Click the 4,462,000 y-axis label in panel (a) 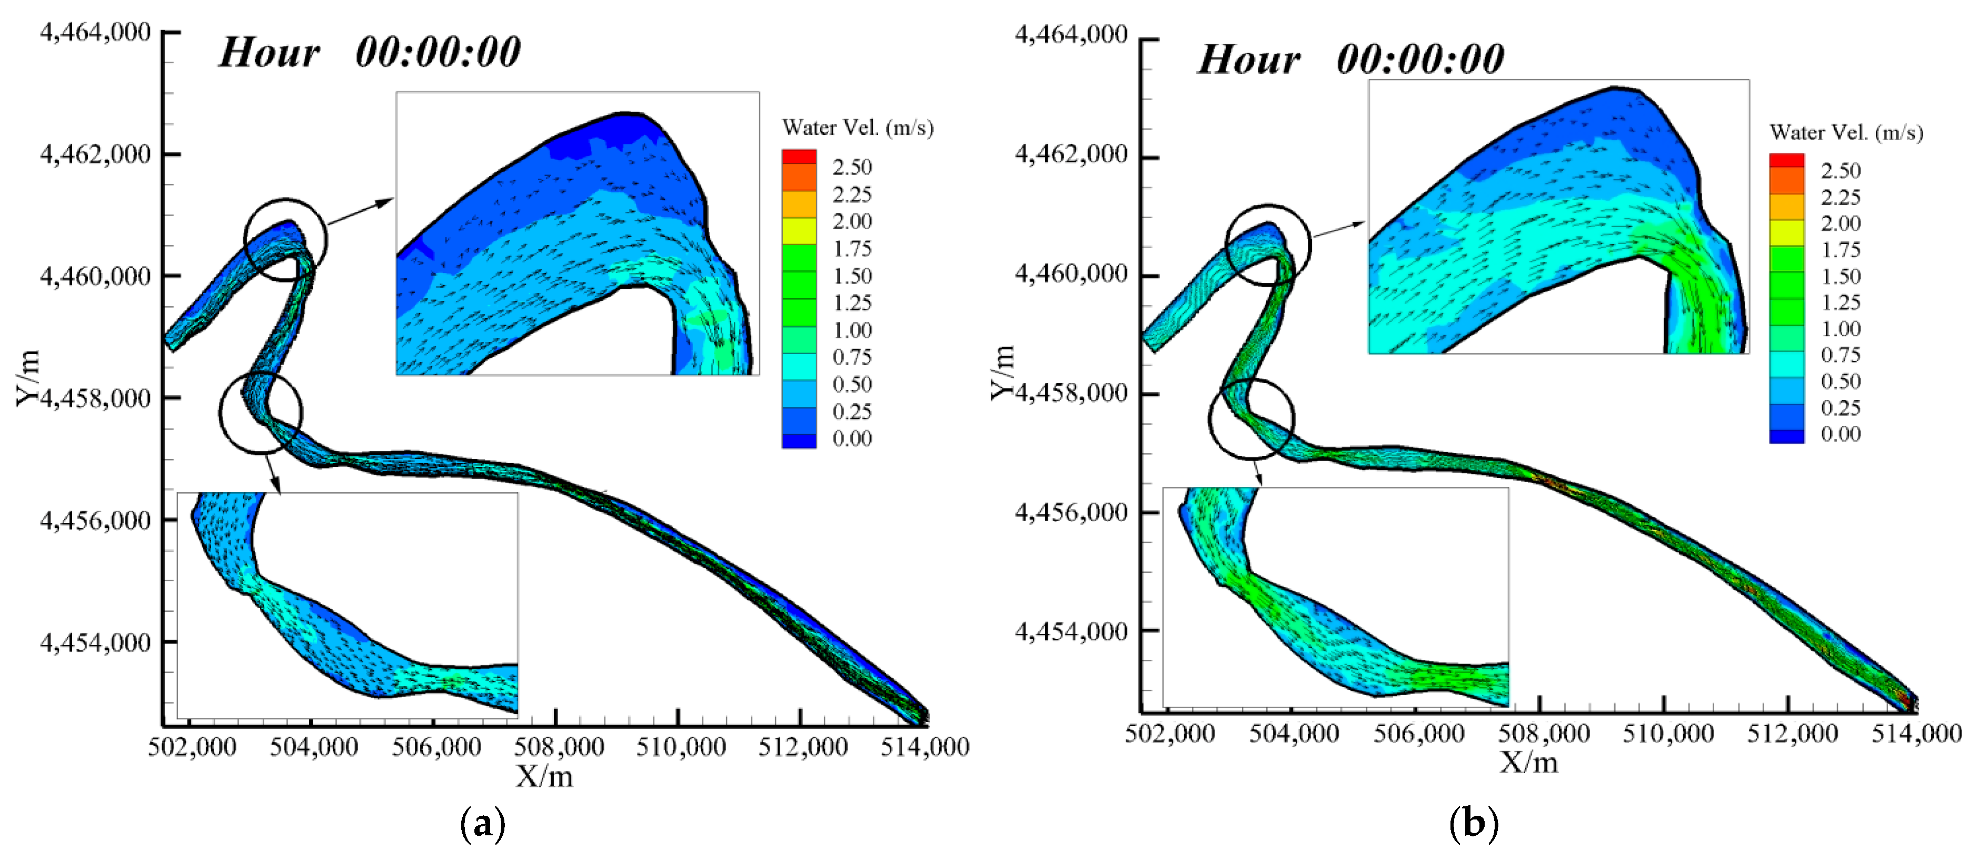pos(95,154)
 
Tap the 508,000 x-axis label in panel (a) pos(558,747)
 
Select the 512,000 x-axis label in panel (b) pos(1792,734)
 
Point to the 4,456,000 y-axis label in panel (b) pos(1071,512)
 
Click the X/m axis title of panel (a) pos(544,777)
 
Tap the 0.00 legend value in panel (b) pos(1841,435)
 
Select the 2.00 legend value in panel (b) pos(1841,223)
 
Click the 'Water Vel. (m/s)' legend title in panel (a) pos(858,128)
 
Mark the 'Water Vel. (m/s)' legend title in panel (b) pos(1846,133)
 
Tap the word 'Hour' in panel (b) pos(1248,60)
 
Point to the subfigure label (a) pos(482,824)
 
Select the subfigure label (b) pos(1473,824)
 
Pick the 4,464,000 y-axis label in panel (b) pos(1071,35)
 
